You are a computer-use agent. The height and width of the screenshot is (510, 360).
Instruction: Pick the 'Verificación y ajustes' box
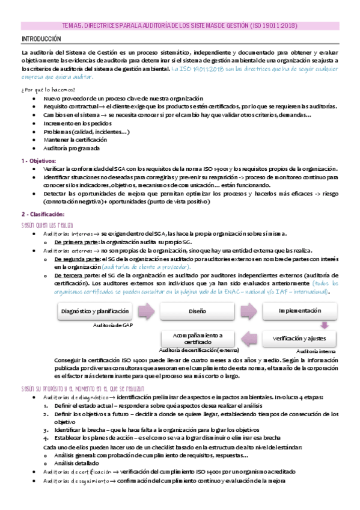point(300,338)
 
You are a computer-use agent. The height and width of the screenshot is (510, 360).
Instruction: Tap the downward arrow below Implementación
point(324,325)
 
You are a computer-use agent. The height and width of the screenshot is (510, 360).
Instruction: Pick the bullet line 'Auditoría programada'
point(72,148)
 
